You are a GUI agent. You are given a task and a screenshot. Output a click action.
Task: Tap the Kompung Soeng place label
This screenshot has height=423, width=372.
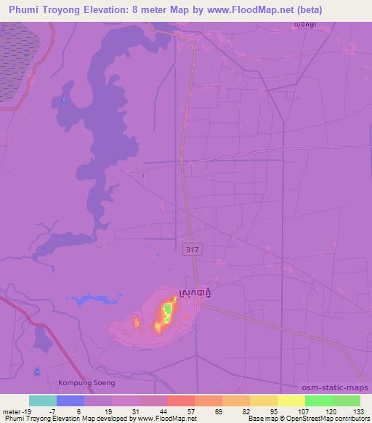coord(86,382)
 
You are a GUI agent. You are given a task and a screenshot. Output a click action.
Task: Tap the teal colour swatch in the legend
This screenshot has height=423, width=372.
coord(42,400)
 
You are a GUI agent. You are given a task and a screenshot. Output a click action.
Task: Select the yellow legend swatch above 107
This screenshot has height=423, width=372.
coord(291,400)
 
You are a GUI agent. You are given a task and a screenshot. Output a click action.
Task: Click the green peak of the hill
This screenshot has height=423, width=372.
coord(168,312)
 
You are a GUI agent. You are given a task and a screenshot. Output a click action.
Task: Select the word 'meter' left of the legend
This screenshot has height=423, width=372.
coord(12,411)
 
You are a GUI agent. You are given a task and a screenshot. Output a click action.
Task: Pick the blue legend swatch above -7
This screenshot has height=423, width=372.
coord(70,400)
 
